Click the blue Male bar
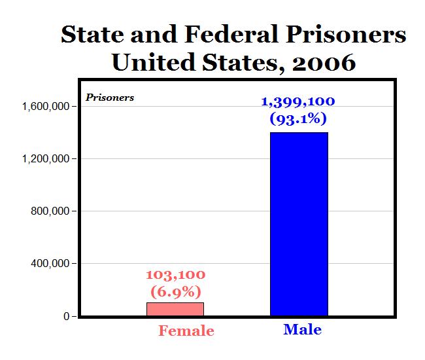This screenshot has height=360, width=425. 299,224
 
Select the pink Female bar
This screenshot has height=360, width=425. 175,309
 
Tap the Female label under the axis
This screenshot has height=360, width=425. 186,331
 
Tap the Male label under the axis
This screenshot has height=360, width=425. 302,329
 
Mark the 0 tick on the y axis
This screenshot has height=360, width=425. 66,316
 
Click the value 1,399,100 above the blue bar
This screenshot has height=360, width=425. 298,102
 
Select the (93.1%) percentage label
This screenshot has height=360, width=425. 298,119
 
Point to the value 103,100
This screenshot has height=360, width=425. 175,275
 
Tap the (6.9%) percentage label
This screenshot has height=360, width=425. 175,291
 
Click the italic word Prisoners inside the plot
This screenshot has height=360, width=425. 110,98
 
